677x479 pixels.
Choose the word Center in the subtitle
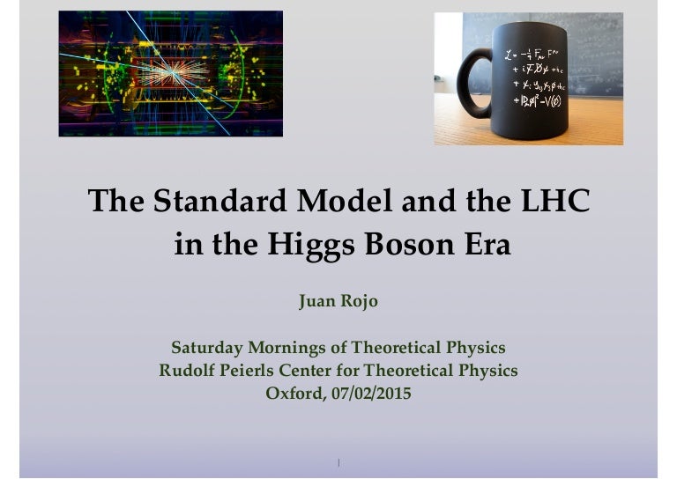(319, 371)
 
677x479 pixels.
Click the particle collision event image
(170, 73)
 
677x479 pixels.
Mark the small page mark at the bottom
(338, 462)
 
